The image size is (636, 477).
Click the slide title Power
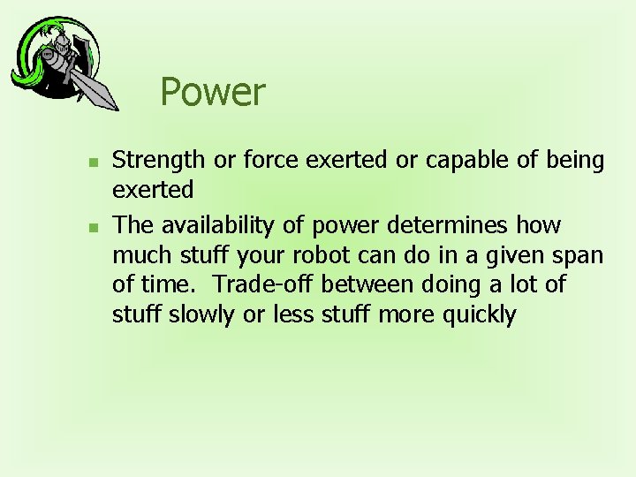(x=212, y=92)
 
